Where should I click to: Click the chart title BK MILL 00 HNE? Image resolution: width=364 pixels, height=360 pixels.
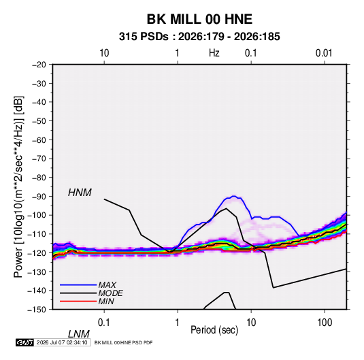coord(199,19)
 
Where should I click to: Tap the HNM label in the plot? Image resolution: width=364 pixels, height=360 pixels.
coord(80,193)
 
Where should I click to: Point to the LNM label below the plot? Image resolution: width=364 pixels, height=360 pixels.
coord(78,334)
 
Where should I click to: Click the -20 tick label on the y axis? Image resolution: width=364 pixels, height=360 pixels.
coord(39,65)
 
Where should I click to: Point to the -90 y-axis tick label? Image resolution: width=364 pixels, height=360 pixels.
coord(39,197)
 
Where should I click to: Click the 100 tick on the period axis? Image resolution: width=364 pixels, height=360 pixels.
coord(325,323)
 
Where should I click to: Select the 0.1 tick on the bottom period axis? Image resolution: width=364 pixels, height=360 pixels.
coord(104,323)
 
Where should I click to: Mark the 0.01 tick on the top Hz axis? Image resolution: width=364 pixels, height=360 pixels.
coord(324,53)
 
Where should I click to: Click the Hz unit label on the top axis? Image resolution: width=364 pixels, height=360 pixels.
coord(214,53)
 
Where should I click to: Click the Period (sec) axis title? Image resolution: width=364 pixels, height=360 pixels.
coord(214,330)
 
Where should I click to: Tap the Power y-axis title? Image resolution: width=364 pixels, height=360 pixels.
coord(18,187)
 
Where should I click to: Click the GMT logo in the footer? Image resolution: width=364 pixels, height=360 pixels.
coord(24,342)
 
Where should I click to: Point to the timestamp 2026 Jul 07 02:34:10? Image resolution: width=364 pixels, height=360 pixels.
coord(62,342)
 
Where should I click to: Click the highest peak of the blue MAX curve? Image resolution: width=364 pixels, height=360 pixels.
coord(234,196)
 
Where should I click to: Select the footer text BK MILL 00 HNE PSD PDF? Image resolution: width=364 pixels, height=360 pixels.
coord(124,342)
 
